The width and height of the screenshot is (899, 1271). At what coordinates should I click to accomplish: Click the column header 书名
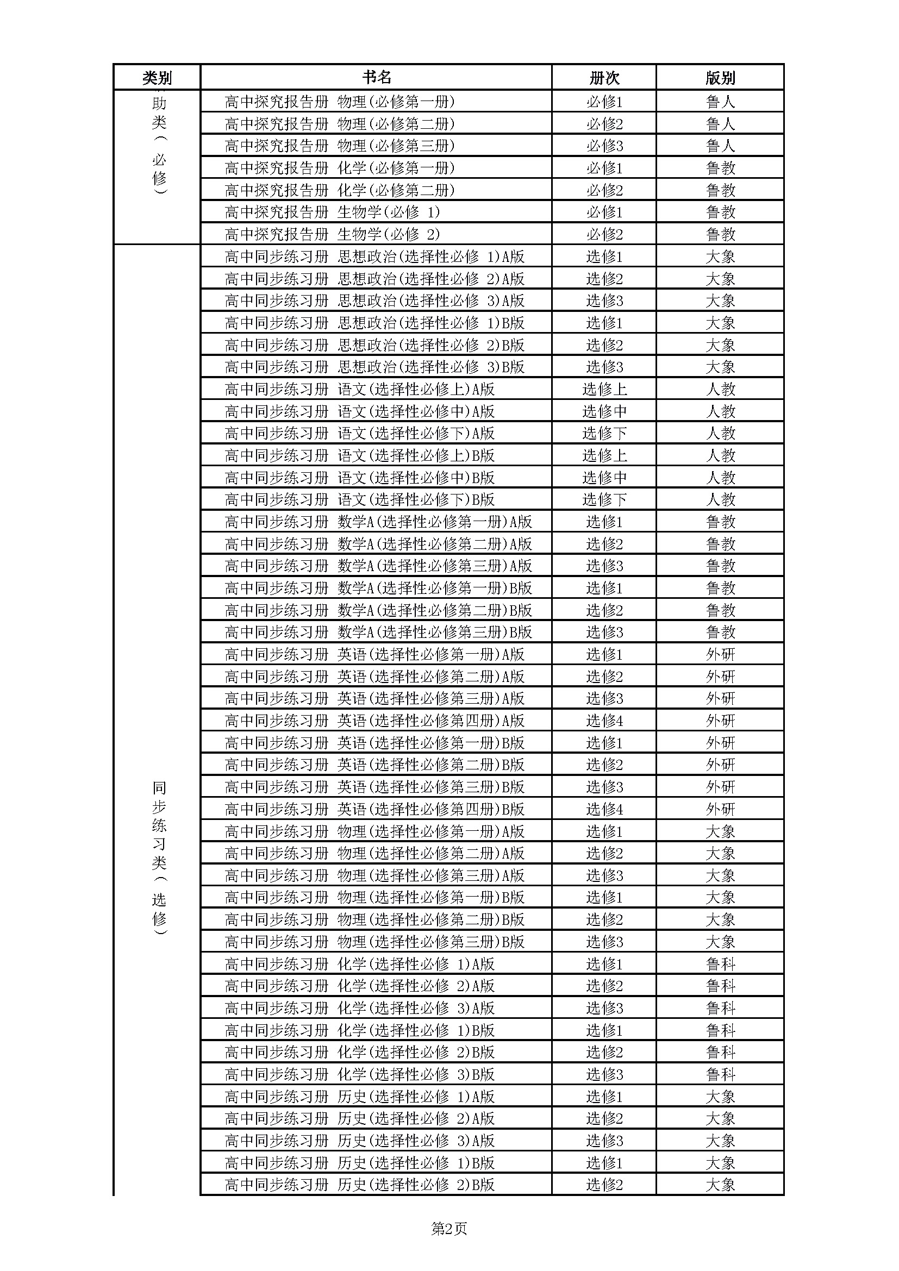[x=377, y=78]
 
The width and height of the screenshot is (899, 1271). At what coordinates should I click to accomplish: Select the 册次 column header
[x=604, y=78]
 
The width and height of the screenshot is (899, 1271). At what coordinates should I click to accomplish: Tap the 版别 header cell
[x=720, y=78]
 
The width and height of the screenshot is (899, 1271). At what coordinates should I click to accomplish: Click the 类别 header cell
[x=157, y=78]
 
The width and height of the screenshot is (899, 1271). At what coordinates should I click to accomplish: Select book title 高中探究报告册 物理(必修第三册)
[x=339, y=146]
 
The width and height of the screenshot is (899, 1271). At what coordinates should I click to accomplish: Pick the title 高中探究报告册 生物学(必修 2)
[x=332, y=234]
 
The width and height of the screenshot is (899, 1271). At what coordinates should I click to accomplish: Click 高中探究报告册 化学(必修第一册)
[x=339, y=168]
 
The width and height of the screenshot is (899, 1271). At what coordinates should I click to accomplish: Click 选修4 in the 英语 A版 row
[x=604, y=721]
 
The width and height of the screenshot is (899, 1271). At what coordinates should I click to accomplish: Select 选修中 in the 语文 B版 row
[x=604, y=477]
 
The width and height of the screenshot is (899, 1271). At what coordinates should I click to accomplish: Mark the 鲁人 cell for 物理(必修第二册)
[x=720, y=123]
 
